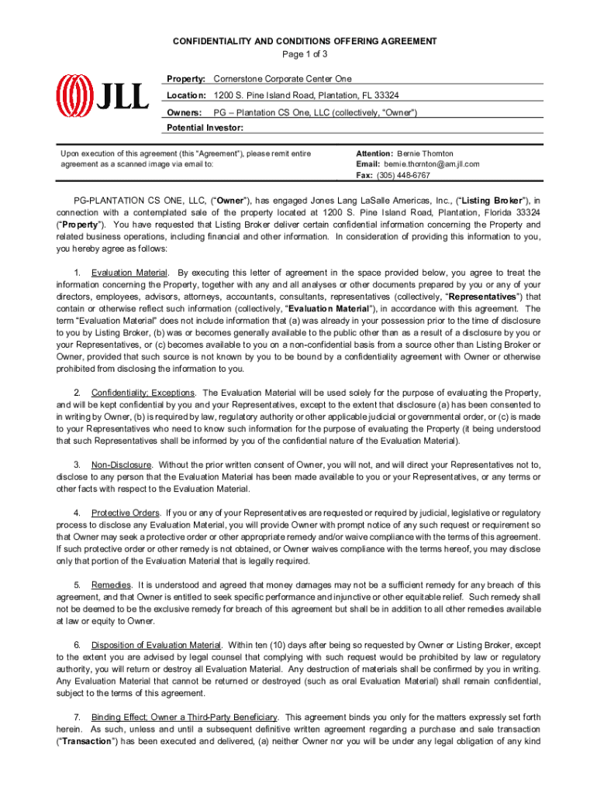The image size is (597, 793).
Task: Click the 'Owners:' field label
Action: tap(186, 112)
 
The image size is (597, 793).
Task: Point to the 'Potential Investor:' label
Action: tap(205, 128)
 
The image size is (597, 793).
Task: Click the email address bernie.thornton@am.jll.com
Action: tap(430, 164)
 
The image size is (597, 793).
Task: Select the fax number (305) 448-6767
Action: tap(402, 176)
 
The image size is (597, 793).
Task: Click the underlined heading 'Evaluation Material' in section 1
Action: tap(129, 273)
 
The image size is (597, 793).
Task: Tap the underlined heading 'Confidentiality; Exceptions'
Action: tap(143, 393)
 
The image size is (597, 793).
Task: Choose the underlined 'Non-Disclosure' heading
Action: tap(121, 465)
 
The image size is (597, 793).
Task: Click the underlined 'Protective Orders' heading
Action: tap(126, 513)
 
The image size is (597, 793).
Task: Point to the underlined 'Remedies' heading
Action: tap(109, 585)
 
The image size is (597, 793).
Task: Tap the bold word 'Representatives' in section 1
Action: tap(479, 296)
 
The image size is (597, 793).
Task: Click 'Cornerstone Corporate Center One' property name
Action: tap(282, 79)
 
